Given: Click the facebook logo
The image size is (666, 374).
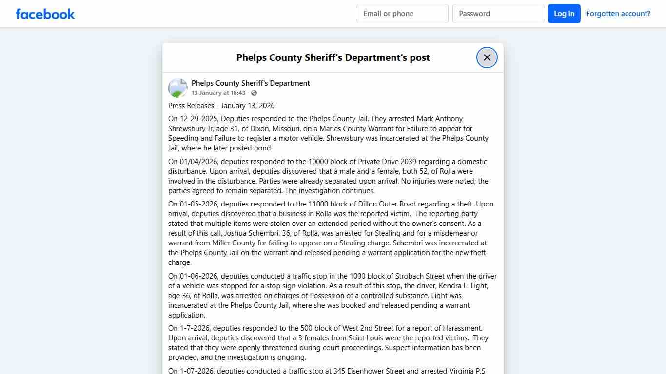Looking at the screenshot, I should point(45,14).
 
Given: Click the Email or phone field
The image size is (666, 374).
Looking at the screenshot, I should point(402,14).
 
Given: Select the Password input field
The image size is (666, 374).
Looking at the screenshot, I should point(498,14).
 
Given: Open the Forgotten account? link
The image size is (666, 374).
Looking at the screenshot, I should point(618,14).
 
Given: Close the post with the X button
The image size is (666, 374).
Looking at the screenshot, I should point(487,57).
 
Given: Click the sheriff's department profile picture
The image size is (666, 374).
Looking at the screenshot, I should point(178,88).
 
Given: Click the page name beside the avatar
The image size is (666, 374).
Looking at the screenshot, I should point(251,83).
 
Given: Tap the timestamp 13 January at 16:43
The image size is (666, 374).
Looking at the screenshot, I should point(218,93).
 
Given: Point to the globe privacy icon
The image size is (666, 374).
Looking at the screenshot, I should point(254,93).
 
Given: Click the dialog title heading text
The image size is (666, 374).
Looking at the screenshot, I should point(333,57).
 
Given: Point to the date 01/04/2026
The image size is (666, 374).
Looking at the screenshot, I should point(198,162).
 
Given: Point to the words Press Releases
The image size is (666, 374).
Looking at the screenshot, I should point(191,106).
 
